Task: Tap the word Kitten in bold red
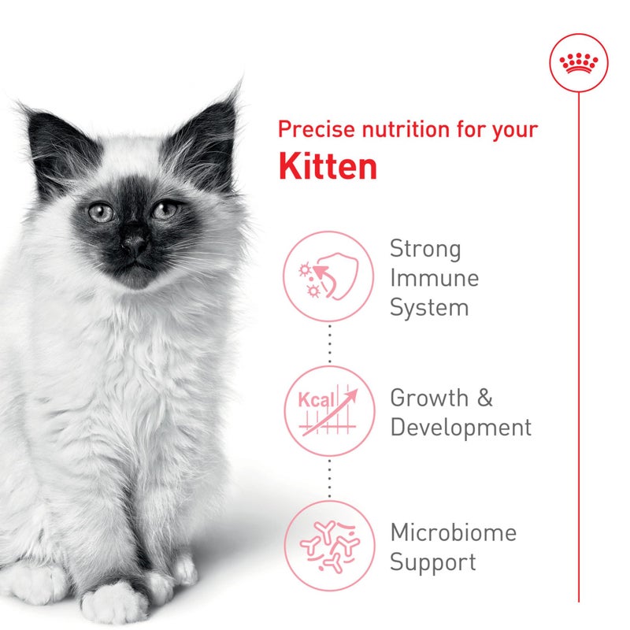tap(328, 166)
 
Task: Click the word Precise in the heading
tap(315, 129)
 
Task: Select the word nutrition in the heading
tap(405, 129)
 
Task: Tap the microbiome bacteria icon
tap(328, 544)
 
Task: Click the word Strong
tap(425, 250)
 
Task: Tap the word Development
tap(461, 428)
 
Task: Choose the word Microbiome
tap(454, 532)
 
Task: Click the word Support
tap(433, 562)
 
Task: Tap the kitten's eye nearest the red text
tap(165, 209)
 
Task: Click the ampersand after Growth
tap(484, 398)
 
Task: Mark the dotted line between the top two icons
tap(328, 343)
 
